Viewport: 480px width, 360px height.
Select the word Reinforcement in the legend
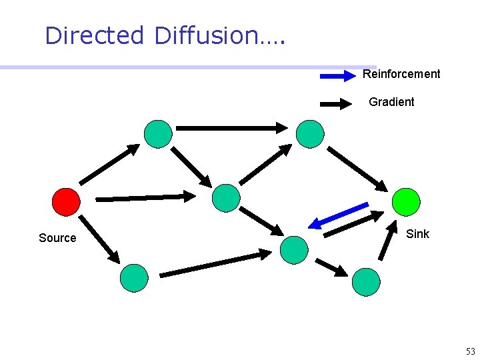tap(401, 74)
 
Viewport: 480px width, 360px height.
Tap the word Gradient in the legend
tap(391, 102)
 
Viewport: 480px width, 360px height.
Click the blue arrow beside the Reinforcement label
tap(338, 77)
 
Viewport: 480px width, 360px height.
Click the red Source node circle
tap(66, 201)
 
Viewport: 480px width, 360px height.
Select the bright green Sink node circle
tap(406, 201)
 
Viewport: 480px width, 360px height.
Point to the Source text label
tap(57, 238)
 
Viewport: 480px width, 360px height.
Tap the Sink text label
tap(417, 234)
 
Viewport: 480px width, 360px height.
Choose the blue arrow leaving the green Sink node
tap(339, 215)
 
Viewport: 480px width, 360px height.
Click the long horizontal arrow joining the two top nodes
tap(231, 127)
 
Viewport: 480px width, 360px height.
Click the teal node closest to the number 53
tap(366, 281)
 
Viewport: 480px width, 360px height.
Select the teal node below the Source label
tap(134, 278)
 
